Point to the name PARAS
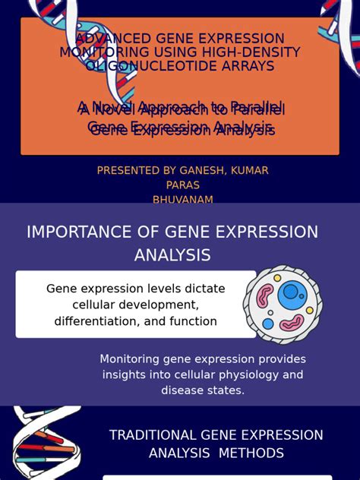182,185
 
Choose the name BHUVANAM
182,200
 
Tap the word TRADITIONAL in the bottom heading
153,435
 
